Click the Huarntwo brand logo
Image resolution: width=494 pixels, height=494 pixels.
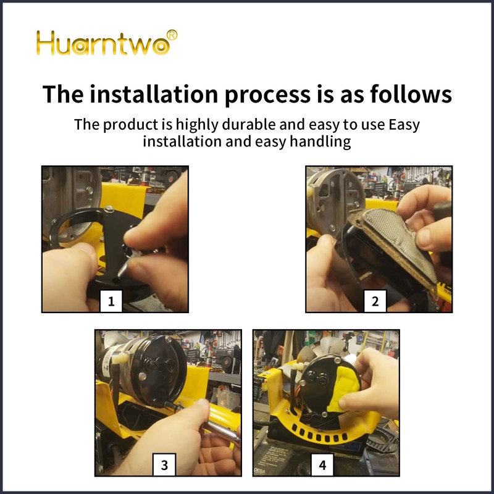click(106, 43)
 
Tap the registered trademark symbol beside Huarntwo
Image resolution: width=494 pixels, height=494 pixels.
click(172, 35)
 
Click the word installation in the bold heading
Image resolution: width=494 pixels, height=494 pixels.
click(154, 94)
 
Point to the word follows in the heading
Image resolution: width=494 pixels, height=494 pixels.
click(411, 94)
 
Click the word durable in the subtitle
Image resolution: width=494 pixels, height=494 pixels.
click(249, 124)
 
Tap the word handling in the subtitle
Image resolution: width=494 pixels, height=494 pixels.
click(320, 141)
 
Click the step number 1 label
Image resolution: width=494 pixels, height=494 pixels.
click(111, 301)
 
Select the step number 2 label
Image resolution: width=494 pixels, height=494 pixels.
click(375, 301)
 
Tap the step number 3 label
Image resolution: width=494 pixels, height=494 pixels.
click(164, 465)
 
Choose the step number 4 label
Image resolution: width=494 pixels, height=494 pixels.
click(322, 465)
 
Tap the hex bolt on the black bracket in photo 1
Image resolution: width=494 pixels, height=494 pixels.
click(109, 208)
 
